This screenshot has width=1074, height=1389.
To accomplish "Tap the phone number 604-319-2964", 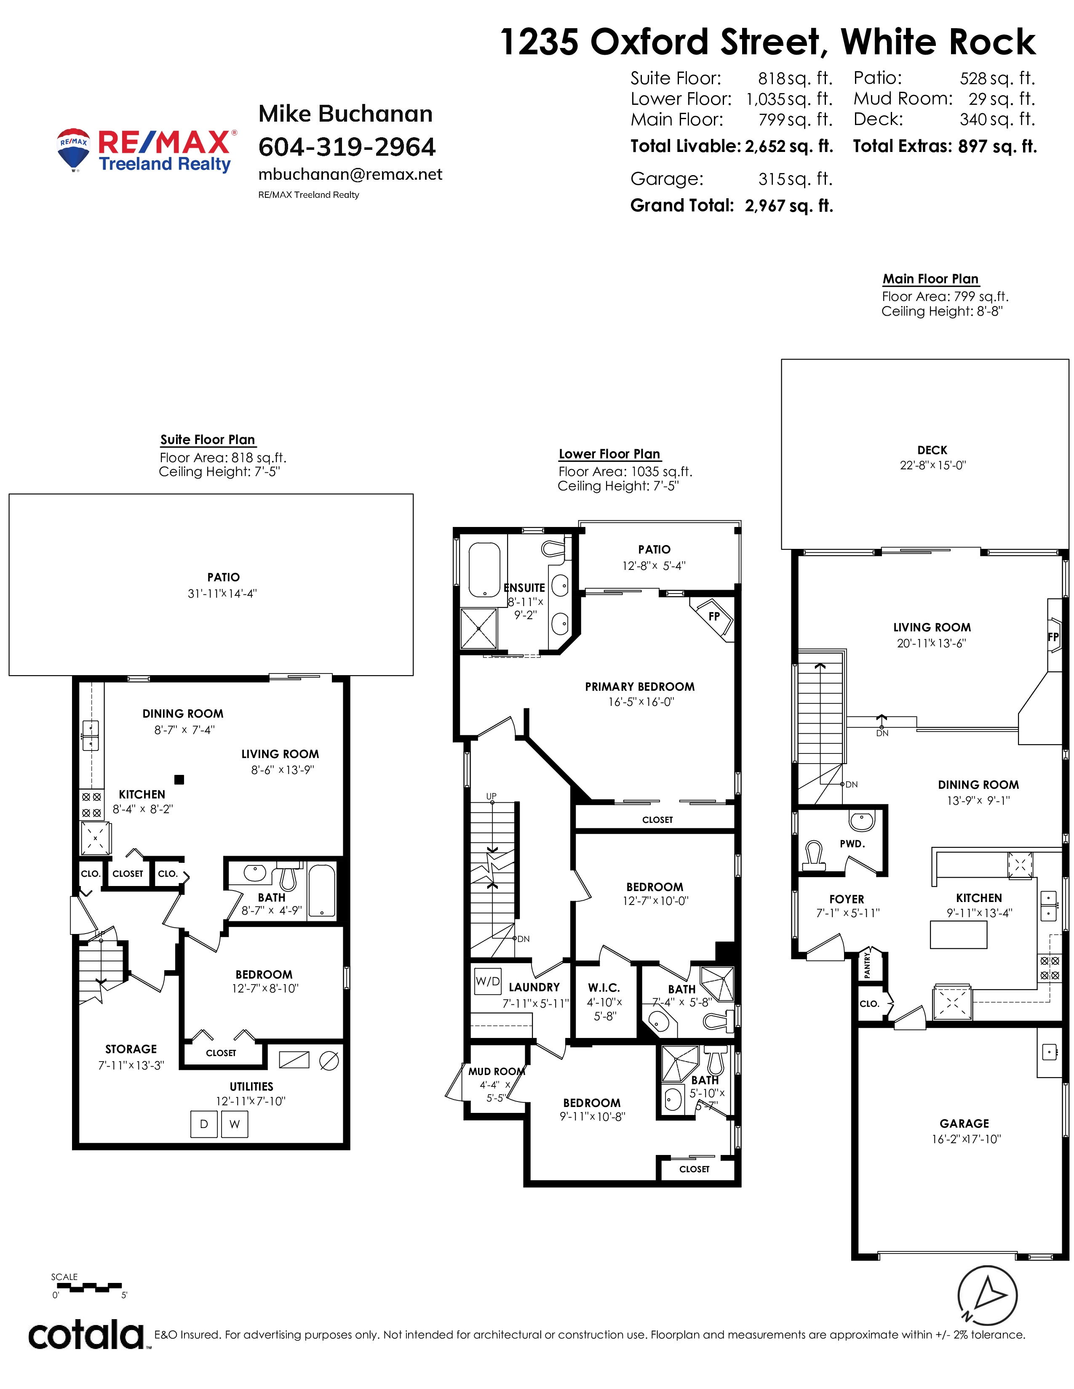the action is point(347,147).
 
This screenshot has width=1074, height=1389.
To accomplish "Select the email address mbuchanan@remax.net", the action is point(350,174).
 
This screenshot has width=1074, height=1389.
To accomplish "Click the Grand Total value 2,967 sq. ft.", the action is point(789,205).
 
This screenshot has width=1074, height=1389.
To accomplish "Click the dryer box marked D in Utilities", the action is point(203,1124).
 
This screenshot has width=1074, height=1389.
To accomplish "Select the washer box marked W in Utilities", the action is point(235,1124).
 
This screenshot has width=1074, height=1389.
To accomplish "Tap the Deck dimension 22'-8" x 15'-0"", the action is point(933,465).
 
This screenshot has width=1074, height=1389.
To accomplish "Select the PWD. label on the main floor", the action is point(852,844).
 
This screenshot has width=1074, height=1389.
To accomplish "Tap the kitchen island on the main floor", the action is point(958,935).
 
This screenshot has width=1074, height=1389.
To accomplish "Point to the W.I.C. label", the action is point(604,988).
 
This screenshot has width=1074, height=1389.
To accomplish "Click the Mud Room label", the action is point(497,1072).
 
